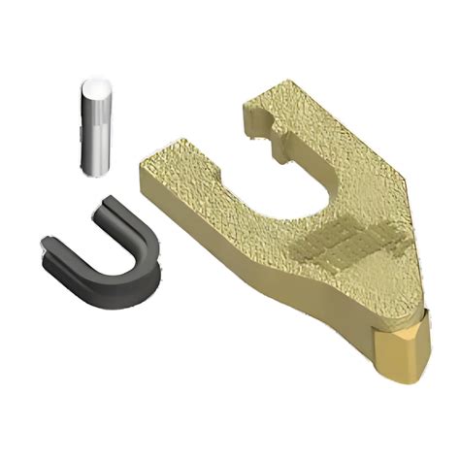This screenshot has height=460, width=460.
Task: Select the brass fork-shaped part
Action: [x=291, y=223]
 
